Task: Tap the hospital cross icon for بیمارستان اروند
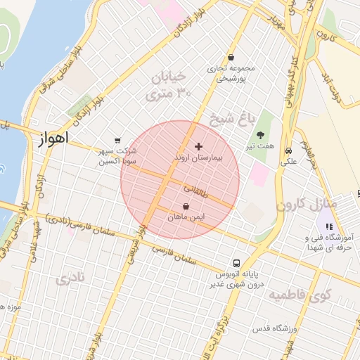click(198, 147)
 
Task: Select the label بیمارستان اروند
click(198, 158)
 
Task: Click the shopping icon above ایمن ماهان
click(186, 207)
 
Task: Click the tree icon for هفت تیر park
click(261, 135)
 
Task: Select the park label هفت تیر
click(261, 147)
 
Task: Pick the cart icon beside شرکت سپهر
click(117, 140)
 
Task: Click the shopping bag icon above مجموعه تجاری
click(231, 58)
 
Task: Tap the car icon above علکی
click(289, 150)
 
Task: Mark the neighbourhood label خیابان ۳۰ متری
click(167, 84)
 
